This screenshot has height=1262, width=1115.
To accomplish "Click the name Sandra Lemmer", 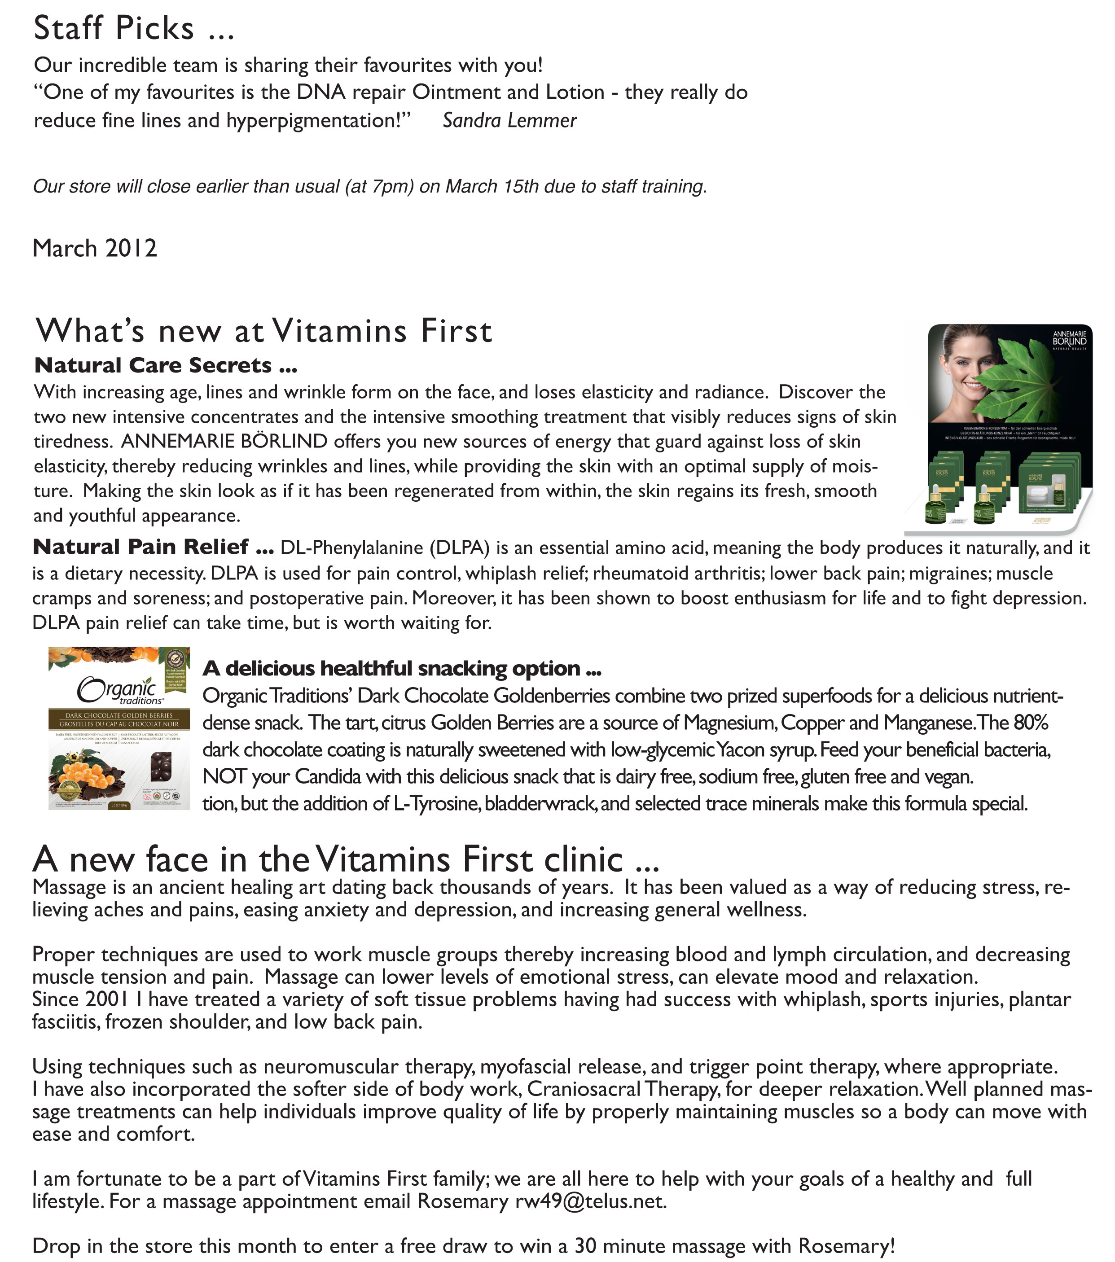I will pos(509,120).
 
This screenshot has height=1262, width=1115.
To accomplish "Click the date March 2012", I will pos(94,248).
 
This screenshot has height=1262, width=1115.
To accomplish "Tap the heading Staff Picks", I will pos(114,28).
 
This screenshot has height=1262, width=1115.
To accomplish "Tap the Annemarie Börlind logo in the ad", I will pos(1069,338).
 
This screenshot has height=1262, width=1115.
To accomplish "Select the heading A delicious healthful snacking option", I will pos(402,669).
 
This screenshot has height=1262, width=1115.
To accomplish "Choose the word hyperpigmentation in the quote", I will pos(314,120).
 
